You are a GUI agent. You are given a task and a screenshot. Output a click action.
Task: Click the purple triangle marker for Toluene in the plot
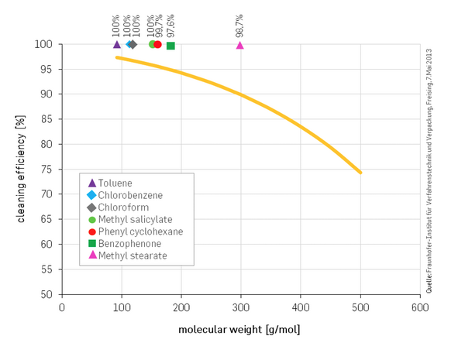point(117,44)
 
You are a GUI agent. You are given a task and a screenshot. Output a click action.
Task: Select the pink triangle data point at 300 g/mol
point(240,45)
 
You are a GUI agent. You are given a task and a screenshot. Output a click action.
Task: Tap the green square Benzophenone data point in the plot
point(170,46)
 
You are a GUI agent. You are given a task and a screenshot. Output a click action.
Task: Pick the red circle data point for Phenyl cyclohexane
point(158,44)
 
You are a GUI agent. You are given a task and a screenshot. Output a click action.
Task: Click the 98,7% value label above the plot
point(239,26)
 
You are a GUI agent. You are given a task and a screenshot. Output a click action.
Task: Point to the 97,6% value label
point(170,26)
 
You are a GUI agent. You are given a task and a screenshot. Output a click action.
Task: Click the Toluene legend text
point(115,183)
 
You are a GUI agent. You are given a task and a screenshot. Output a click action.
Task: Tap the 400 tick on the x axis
point(301,307)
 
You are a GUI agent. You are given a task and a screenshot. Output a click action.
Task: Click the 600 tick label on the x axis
point(420,307)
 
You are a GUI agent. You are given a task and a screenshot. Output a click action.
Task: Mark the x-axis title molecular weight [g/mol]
point(239,330)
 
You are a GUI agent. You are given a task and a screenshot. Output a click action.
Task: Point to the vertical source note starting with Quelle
point(429,169)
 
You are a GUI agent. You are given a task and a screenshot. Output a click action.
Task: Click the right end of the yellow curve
point(360,172)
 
